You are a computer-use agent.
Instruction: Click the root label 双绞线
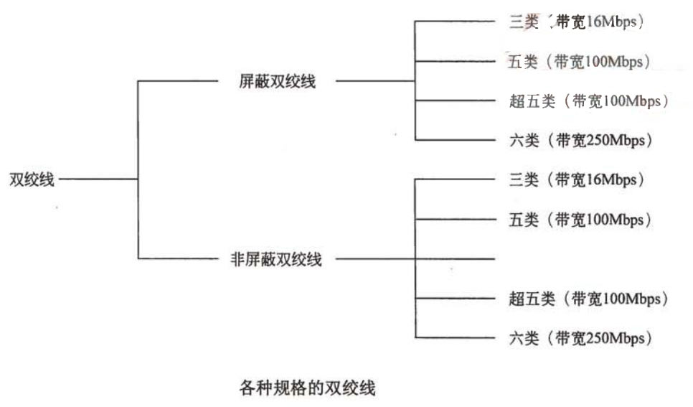(x=32, y=180)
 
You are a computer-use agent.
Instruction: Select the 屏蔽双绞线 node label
(x=277, y=82)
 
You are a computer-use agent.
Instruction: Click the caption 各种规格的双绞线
(x=306, y=389)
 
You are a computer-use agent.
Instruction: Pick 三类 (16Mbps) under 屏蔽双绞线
(x=574, y=22)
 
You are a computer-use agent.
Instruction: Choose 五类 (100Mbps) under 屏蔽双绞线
(x=578, y=62)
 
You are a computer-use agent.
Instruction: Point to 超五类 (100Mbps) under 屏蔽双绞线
(x=588, y=101)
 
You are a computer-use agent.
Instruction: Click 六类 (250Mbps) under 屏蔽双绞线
(x=580, y=141)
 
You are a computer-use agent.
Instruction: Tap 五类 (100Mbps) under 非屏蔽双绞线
(x=578, y=219)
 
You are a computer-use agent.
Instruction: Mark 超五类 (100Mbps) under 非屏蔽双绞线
(x=588, y=298)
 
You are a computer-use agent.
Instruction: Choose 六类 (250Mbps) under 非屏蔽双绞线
(x=580, y=337)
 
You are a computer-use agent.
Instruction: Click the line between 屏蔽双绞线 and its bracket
(x=375, y=81)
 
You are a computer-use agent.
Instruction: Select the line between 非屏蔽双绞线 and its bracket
(x=375, y=258)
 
